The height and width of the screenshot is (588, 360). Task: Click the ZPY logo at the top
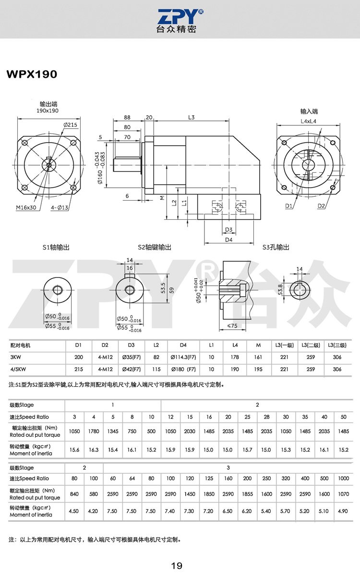(180, 21)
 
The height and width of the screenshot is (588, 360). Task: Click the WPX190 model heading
(32, 74)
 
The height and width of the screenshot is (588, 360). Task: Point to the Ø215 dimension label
(71, 125)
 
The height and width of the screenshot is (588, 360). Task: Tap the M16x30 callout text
(26, 207)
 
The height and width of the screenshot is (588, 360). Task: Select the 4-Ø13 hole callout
(60, 208)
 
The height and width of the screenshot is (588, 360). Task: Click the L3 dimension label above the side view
(191, 117)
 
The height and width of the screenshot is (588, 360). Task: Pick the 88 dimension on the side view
(127, 117)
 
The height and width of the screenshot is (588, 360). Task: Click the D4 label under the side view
(228, 240)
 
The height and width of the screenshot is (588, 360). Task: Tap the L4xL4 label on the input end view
(309, 121)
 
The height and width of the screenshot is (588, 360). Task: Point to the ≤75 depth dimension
(232, 326)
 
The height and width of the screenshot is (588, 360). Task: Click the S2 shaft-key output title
(155, 247)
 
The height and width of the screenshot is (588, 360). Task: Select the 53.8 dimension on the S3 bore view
(280, 289)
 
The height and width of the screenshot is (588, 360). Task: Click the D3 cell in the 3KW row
(132, 357)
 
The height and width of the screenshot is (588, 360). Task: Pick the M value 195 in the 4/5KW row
(258, 369)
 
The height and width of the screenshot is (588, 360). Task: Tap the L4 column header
(235, 345)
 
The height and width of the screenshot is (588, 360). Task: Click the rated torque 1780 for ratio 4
(94, 432)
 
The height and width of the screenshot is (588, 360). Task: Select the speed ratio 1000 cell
(344, 478)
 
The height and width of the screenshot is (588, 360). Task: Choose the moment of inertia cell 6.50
(228, 511)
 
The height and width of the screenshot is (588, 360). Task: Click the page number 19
(177, 566)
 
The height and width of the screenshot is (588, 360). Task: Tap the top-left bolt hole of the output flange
(24, 143)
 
